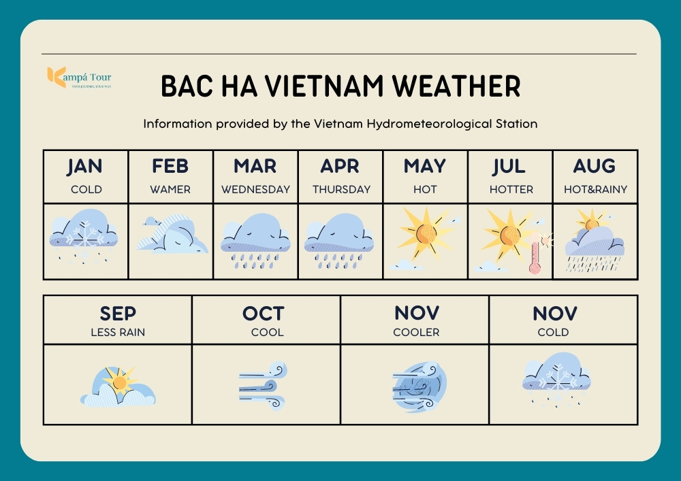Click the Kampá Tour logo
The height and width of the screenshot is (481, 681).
click(79, 78)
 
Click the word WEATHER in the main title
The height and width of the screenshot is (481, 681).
click(456, 86)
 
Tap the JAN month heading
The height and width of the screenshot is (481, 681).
click(84, 166)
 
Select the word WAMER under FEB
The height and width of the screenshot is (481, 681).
click(170, 190)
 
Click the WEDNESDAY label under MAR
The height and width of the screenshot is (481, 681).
click(255, 190)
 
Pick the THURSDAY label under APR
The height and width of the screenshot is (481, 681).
click(341, 190)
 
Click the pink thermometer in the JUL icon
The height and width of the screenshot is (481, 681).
click(535, 256)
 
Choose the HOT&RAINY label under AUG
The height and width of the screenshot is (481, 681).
click(595, 190)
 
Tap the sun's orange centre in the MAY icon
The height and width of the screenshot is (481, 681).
click(426, 234)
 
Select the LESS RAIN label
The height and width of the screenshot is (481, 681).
click(118, 332)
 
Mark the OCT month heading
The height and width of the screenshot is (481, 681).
click(263, 313)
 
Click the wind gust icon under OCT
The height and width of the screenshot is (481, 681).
click(263, 385)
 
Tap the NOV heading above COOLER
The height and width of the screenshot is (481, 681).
click(417, 313)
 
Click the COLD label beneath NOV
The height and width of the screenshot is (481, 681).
click(553, 332)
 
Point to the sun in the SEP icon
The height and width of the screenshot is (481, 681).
click(119, 382)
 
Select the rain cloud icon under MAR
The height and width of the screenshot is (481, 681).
click(255, 241)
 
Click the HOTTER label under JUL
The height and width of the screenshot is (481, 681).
click(511, 190)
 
